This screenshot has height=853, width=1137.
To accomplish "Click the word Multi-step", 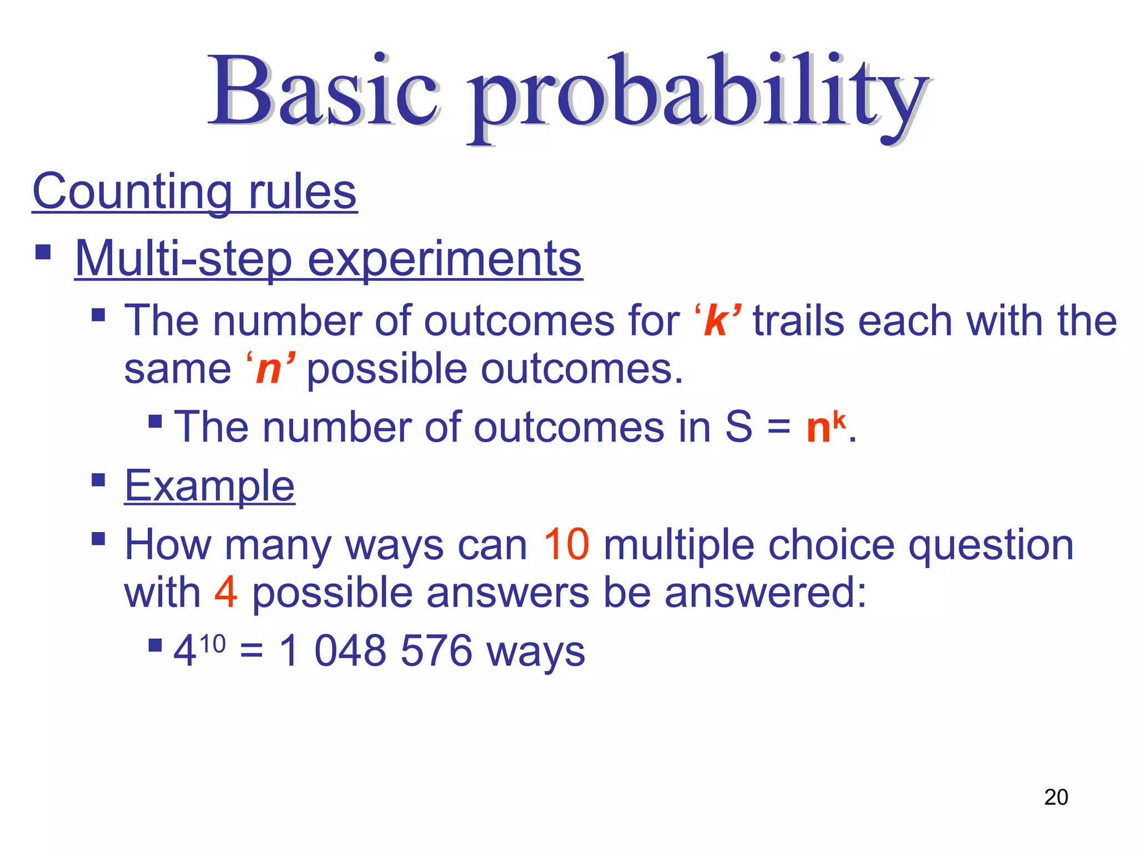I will pyautogui.click(x=183, y=259).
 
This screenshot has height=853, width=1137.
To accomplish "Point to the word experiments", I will pyautogui.click(x=444, y=260).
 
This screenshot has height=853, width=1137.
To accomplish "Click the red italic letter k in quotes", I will pyautogui.click(x=716, y=322).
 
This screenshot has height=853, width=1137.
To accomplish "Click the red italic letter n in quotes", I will pyautogui.click(x=269, y=370).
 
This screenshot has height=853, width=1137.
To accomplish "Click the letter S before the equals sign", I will pyautogui.click(x=738, y=427).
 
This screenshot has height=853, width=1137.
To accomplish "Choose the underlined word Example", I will pyautogui.click(x=209, y=486).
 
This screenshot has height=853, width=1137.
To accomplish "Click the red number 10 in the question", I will pyautogui.click(x=566, y=545).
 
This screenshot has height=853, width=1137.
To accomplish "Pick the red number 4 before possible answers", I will pyautogui.click(x=226, y=593).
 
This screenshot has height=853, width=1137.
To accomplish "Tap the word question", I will pyautogui.click(x=990, y=546).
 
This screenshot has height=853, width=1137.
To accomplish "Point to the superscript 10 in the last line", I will pyautogui.click(x=212, y=644).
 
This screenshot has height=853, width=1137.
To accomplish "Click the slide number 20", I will pyautogui.click(x=1055, y=797).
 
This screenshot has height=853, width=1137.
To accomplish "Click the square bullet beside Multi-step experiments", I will pyautogui.click(x=43, y=252).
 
